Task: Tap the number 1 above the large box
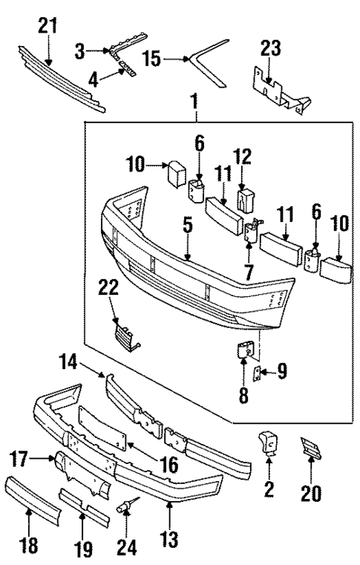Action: pos(196,99)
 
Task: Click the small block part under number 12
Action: pos(245,198)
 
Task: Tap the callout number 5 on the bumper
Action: pos(189,223)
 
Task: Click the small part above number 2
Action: pos(269,444)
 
